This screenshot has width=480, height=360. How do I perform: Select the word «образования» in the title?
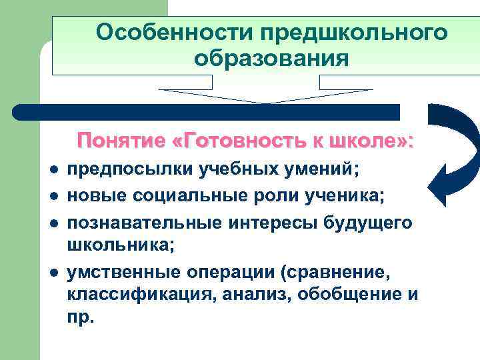[x=271, y=59]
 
